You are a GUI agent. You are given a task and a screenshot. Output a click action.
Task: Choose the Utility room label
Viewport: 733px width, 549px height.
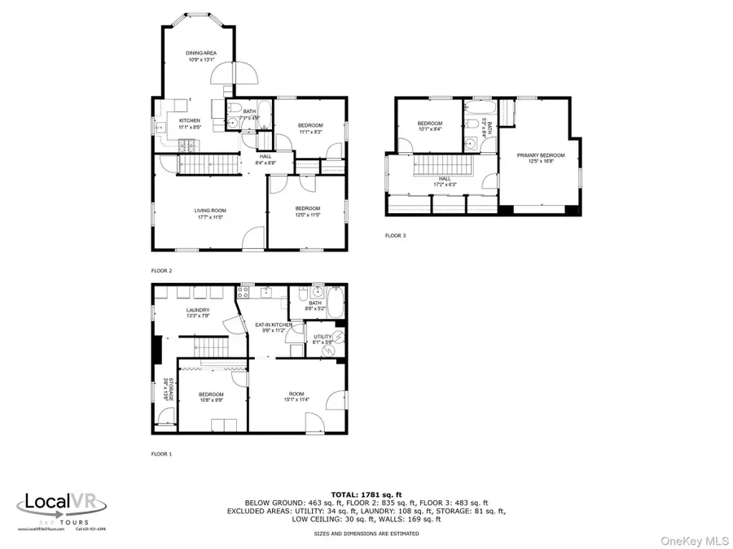click(323, 338)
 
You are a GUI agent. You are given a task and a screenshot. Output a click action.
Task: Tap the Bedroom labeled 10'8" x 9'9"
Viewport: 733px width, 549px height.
click(211, 397)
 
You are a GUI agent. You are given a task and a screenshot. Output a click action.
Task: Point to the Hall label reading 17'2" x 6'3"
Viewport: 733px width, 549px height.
click(445, 181)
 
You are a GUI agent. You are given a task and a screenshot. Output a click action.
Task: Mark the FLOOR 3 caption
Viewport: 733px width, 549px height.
click(395, 236)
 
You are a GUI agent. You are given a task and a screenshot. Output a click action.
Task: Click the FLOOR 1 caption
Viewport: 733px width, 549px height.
click(161, 454)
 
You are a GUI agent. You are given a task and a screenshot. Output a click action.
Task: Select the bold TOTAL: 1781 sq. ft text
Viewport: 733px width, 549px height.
click(366, 494)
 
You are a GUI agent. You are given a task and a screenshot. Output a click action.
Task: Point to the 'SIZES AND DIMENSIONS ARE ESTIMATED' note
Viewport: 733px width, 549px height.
click(366, 534)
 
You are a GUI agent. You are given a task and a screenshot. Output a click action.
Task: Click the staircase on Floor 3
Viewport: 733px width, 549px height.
click(445, 167)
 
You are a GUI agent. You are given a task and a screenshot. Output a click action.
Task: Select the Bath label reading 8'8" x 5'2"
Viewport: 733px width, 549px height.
click(315, 305)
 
